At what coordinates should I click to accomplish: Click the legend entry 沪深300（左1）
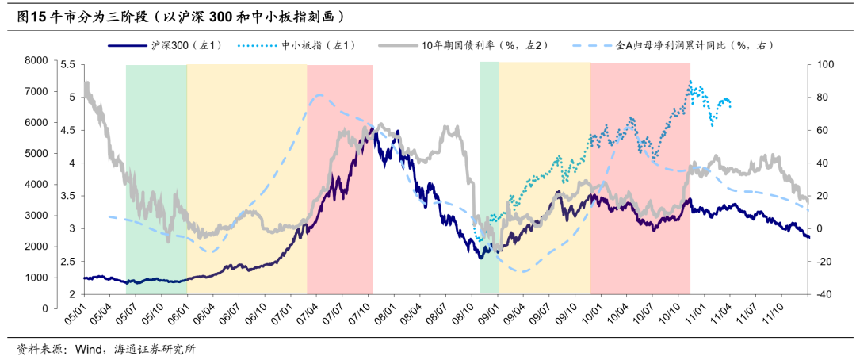coord(178,46)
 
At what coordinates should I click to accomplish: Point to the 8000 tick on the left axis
coord(36,60)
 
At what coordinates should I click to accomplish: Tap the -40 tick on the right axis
coord(824,294)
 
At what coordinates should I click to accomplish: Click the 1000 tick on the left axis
coord(36,278)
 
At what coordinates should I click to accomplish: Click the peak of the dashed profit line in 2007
coord(319,95)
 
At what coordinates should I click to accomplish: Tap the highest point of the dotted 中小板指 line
coord(690,82)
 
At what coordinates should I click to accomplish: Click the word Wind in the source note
coord(86,349)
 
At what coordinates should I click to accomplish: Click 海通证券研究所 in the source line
coord(151,349)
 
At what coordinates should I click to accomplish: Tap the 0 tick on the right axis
coord(820,228)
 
